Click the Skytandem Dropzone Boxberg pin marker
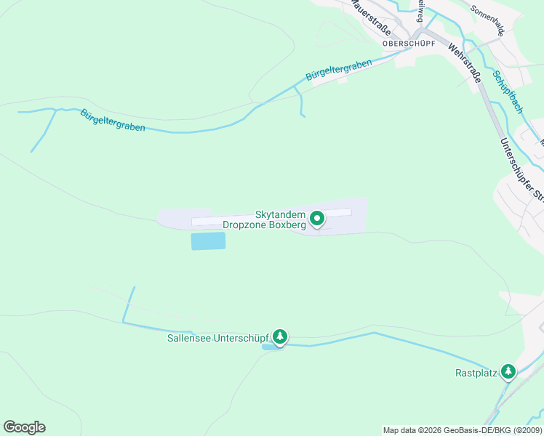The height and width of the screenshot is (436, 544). pyautogui.click(x=317, y=218)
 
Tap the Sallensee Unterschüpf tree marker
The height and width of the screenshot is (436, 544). pyautogui.click(x=280, y=337)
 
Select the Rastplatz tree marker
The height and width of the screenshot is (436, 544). pyautogui.click(x=508, y=373)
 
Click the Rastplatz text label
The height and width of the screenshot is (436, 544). pyautogui.click(x=476, y=374)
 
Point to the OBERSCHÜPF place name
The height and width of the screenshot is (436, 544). pyautogui.click(x=409, y=43)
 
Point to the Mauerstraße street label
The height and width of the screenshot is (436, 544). pyautogui.click(x=370, y=16)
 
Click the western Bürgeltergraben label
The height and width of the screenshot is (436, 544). pyautogui.click(x=113, y=120)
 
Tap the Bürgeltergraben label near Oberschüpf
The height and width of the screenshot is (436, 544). pyautogui.click(x=339, y=70)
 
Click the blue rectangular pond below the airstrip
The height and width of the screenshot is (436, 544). pyautogui.click(x=208, y=241)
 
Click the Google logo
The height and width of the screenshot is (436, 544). pyautogui.click(x=24, y=427)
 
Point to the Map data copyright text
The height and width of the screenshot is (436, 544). pyautogui.click(x=463, y=430)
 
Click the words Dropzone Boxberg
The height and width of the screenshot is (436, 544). pyautogui.click(x=264, y=226)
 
